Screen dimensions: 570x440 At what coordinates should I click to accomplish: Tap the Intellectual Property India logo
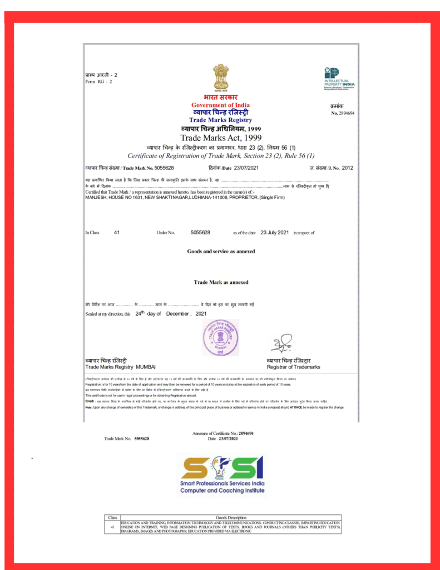point(339,78)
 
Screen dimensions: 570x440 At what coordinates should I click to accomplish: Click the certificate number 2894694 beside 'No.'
point(347,113)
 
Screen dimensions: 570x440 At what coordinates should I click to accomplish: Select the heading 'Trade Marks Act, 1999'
point(220,137)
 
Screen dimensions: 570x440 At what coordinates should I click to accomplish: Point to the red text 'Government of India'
point(220,105)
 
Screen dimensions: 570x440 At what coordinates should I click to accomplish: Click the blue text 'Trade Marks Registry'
point(220,120)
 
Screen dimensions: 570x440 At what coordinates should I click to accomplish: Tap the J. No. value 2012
point(348,167)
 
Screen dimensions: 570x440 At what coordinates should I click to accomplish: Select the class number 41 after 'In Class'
point(117,232)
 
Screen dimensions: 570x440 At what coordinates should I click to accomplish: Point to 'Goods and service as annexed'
point(221,252)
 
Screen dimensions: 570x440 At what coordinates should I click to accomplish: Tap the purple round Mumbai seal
point(220,337)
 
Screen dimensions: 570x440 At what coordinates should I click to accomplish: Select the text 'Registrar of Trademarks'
point(293,367)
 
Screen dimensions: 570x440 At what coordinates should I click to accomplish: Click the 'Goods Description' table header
point(230,518)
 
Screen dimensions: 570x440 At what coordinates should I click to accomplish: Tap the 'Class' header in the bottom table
point(112,518)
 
